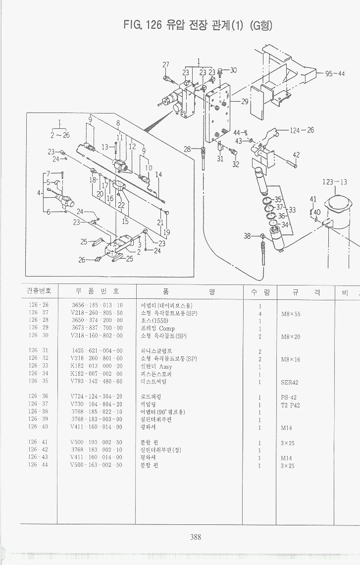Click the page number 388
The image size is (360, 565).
[x=196, y=536]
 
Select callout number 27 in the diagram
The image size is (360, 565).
[x=166, y=65]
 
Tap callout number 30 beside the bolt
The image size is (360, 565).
[x=233, y=70]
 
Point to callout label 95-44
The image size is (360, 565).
[x=335, y=74]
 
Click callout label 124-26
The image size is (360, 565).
[x=302, y=130]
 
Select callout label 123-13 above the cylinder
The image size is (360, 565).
[x=335, y=182]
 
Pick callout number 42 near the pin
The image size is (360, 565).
[x=296, y=155]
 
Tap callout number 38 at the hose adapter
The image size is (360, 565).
[x=247, y=236]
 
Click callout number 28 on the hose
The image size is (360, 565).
[x=187, y=149]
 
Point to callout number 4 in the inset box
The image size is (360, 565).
[x=38, y=192]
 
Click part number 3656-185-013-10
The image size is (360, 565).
[x=97, y=305]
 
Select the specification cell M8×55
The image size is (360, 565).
[x=291, y=314]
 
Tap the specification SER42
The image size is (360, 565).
[x=289, y=382]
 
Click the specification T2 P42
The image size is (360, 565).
[x=290, y=405]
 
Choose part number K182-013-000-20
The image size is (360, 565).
[x=97, y=367]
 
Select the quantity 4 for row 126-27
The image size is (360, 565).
[x=260, y=314]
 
